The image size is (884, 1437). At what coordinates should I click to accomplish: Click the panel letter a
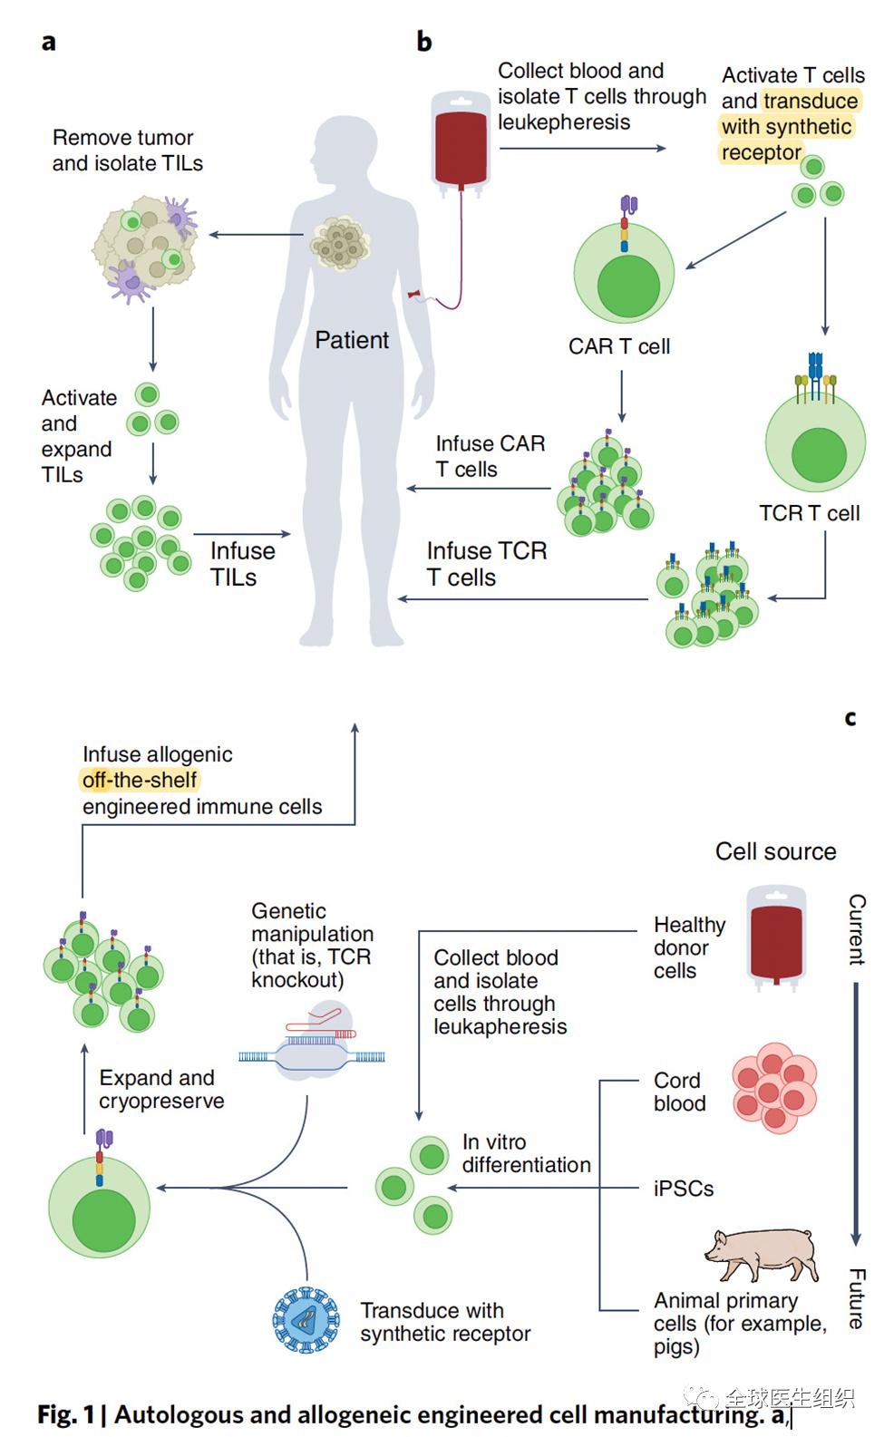[x=49, y=43]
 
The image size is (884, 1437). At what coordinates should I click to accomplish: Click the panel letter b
[x=424, y=41]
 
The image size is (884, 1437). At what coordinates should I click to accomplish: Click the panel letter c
[x=850, y=718]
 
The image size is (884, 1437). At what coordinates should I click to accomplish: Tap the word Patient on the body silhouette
[x=352, y=340]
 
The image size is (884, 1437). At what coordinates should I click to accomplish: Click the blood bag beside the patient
[x=461, y=141]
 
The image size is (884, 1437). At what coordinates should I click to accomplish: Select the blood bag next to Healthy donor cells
[x=776, y=937]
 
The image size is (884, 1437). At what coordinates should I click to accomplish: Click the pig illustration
[x=763, y=1254]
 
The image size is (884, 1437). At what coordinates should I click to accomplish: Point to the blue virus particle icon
[x=306, y=1320]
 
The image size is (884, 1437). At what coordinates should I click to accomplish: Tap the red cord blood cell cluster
[x=774, y=1087]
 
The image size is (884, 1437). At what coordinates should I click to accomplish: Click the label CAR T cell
[x=619, y=346]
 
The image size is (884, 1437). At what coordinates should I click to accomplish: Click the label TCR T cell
[x=810, y=513]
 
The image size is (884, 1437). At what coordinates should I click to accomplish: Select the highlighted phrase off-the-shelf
[x=140, y=780]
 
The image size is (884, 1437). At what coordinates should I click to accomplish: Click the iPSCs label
[x=684, y=1189]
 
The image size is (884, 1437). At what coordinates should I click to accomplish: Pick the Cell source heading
[x=775, y=851]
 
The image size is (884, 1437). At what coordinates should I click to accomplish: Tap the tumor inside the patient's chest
[x=339, y=244]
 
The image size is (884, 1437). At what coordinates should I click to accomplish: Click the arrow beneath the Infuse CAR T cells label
[x=479, y=489]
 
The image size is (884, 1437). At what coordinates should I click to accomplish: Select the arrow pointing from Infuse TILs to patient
[x=242, y=534]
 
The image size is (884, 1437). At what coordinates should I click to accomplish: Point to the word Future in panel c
[x=857, y=1298]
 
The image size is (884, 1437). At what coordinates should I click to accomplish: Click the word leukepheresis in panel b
[x=564, y=121]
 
